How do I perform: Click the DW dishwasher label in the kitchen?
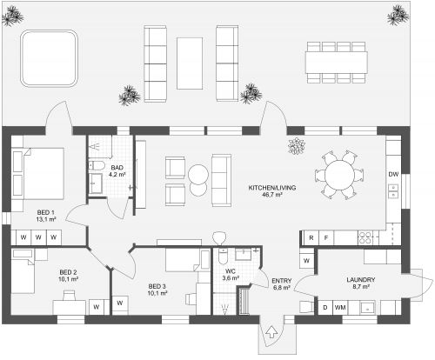pos(393,174)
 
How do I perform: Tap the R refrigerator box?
pos(311,238)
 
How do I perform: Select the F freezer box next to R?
pos(326,238)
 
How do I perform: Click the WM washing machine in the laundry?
pos(340,307)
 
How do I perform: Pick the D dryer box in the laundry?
pos(325,307)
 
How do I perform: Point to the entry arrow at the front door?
pos(271,332)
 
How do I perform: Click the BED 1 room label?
pos(45,212)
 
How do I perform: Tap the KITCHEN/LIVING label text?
pos(272,188)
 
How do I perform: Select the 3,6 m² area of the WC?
pos(231,278)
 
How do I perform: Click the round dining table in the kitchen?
pos(339,175)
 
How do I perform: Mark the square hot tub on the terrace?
pos(50,58)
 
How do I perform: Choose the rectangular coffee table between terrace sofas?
pos(190,63)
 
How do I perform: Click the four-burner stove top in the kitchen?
pos(365,237)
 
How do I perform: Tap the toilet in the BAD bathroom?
pos(97,166)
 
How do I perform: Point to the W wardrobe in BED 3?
pos(120,303)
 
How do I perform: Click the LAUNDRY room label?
pos(361,280)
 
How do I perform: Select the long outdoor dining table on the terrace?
pos(337,63)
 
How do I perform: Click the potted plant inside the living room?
pos(297,146)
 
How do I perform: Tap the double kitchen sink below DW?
pos(393,191)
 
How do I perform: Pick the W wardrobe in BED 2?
pos(97,307)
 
